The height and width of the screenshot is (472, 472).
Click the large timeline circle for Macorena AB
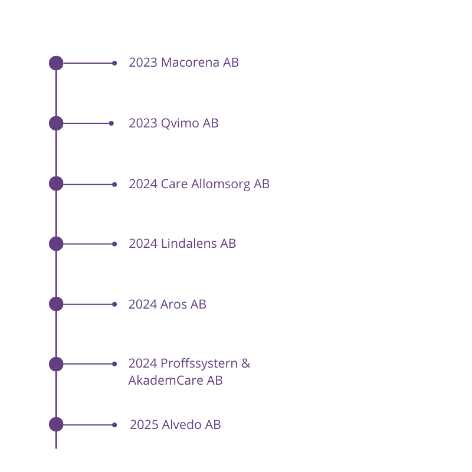click(x=56, y=63)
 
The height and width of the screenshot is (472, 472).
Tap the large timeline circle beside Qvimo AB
click(x=56, y=123)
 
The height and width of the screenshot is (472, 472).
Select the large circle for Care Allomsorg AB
click(x=56, y=183)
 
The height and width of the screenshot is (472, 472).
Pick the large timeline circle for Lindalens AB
click(x=56, y=244)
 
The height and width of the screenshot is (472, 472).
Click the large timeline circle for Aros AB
click(x=56, y=304)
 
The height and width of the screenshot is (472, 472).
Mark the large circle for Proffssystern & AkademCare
click(x=56, y=364)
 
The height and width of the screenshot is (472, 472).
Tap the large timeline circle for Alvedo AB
click(x=56, y=424)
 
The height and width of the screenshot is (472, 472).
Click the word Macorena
click(x=190, y=63)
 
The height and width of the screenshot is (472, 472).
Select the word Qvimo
click(x=180, y=123)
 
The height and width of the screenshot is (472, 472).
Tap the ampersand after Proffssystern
click(x=246, y=363)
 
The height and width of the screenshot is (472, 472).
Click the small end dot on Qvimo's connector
click(x=111, y=123)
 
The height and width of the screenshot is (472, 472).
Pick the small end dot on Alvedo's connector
click(x=114, y=425)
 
